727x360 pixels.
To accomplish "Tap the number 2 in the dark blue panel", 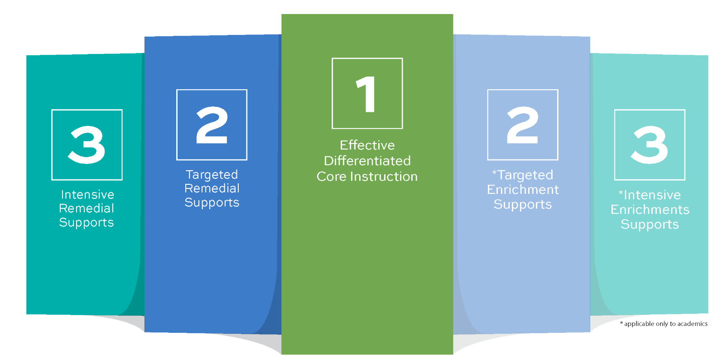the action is (212, 125).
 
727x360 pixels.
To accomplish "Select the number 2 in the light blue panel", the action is (523, 125).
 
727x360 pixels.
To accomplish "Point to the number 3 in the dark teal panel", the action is (87, 145).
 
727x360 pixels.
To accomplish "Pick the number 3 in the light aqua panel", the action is (650, 145).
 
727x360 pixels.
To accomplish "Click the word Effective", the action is (367, 145).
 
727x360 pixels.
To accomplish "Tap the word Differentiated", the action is (367, 161).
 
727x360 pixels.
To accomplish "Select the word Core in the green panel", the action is (331, 177).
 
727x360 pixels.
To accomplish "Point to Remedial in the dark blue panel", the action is (212, 188).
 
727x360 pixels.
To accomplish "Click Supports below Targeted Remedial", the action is (212, 203).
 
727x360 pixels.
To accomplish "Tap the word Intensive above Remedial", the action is (87, 195).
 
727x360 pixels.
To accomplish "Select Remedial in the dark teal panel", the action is (87, 209).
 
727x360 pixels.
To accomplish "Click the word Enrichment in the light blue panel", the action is (523, 190).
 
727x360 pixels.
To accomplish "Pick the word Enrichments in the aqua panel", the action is (650, 210).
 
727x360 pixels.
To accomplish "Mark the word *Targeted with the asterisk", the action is (523, 175).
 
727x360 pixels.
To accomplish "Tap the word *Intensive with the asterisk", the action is (650, 195).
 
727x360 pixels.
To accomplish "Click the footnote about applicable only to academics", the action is (664, 324).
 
